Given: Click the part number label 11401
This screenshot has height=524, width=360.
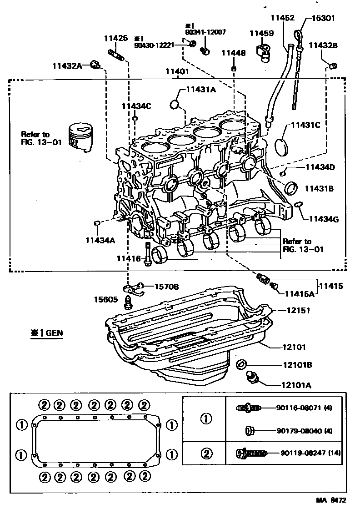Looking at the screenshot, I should coord(177,71).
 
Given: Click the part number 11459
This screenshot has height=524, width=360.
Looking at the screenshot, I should coord(261,33).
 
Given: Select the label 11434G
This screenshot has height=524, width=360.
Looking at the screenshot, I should coord(324,219).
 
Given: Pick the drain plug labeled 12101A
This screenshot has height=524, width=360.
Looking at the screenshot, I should coord(250,378).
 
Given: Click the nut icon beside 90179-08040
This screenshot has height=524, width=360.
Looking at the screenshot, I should coord(249,430).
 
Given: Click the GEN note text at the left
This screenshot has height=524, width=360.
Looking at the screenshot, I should coord(47,333).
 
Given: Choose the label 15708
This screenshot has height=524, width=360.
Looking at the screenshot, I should coord(166,287).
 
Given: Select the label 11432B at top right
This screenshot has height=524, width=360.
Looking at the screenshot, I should coord(324,45).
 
